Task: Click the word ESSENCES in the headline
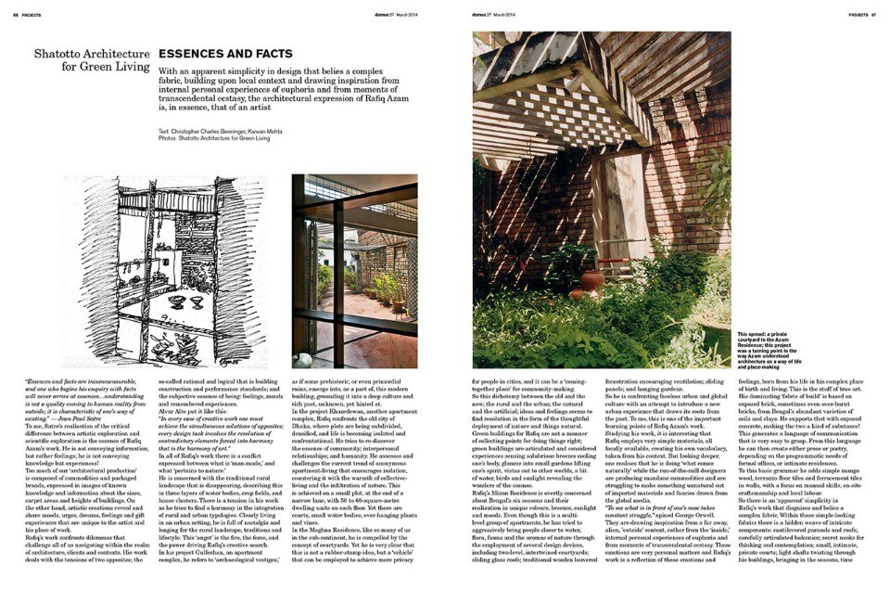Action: click(x=191, y=54)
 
